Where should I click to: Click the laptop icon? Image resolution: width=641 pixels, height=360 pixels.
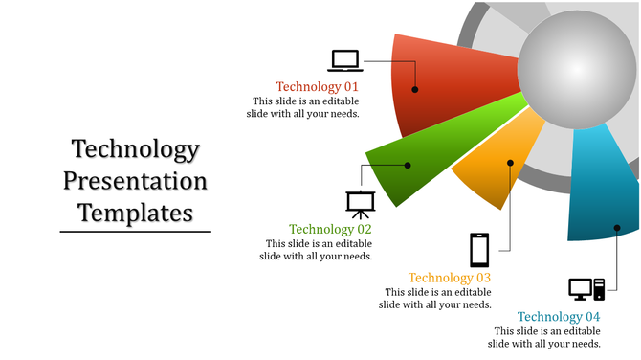pos(345,60)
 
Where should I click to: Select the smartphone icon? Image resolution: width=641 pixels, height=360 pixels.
pos(479,250)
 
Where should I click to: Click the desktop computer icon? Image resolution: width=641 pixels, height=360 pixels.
pos(586,288)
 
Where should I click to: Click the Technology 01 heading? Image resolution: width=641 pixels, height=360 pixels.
pos(318,86)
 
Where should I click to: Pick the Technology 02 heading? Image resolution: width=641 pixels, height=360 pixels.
pos(330,230)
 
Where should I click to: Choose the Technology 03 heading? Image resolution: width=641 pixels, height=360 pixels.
pos(450,279)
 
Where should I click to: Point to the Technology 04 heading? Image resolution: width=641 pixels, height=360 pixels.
pos(559,317)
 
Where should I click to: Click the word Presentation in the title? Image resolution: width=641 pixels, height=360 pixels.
pos(135,181)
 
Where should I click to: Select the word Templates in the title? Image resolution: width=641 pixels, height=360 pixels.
pos(135,212)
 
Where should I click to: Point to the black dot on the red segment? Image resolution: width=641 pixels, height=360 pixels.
pos(415,90)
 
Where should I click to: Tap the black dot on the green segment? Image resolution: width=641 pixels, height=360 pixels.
pos(408,166)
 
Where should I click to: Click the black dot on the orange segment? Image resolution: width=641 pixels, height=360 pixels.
pos(511,164)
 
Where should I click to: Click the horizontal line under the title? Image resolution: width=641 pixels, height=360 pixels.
pos(135,232)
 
